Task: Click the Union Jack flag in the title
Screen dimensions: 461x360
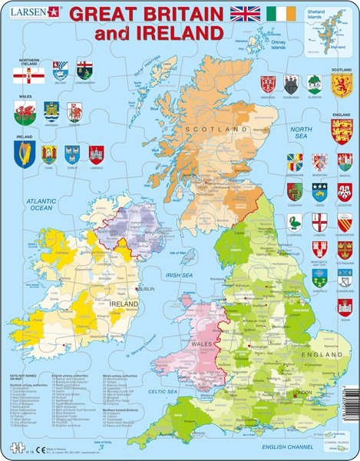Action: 247,14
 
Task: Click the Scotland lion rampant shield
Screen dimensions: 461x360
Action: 341,84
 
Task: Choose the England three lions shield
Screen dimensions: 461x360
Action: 341,131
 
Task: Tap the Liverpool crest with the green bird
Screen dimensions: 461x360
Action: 295,223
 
